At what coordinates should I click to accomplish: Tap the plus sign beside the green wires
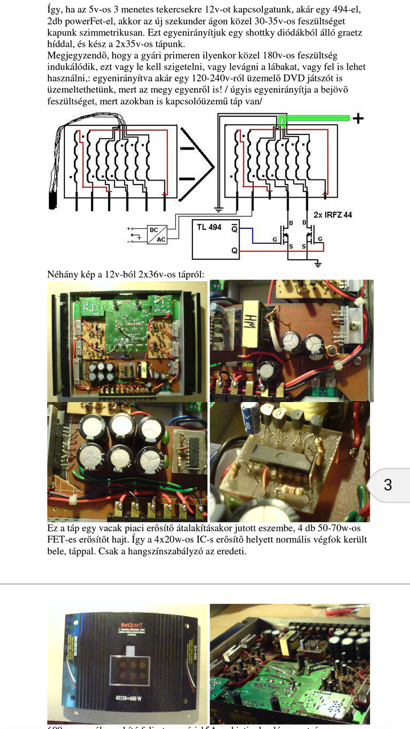[358, 118]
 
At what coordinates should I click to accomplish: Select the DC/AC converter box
[157, 235]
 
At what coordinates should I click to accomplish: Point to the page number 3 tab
[388, 485]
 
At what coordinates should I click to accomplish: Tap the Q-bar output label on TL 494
[234, 228]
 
